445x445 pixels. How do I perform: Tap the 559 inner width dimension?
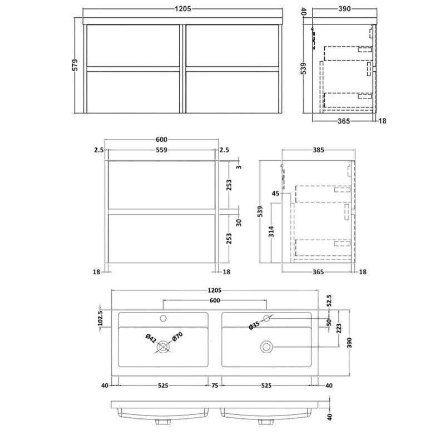click(162, 150)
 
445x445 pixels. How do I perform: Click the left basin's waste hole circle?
click(163, 347)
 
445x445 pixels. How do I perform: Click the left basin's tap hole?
click(163, 319)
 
